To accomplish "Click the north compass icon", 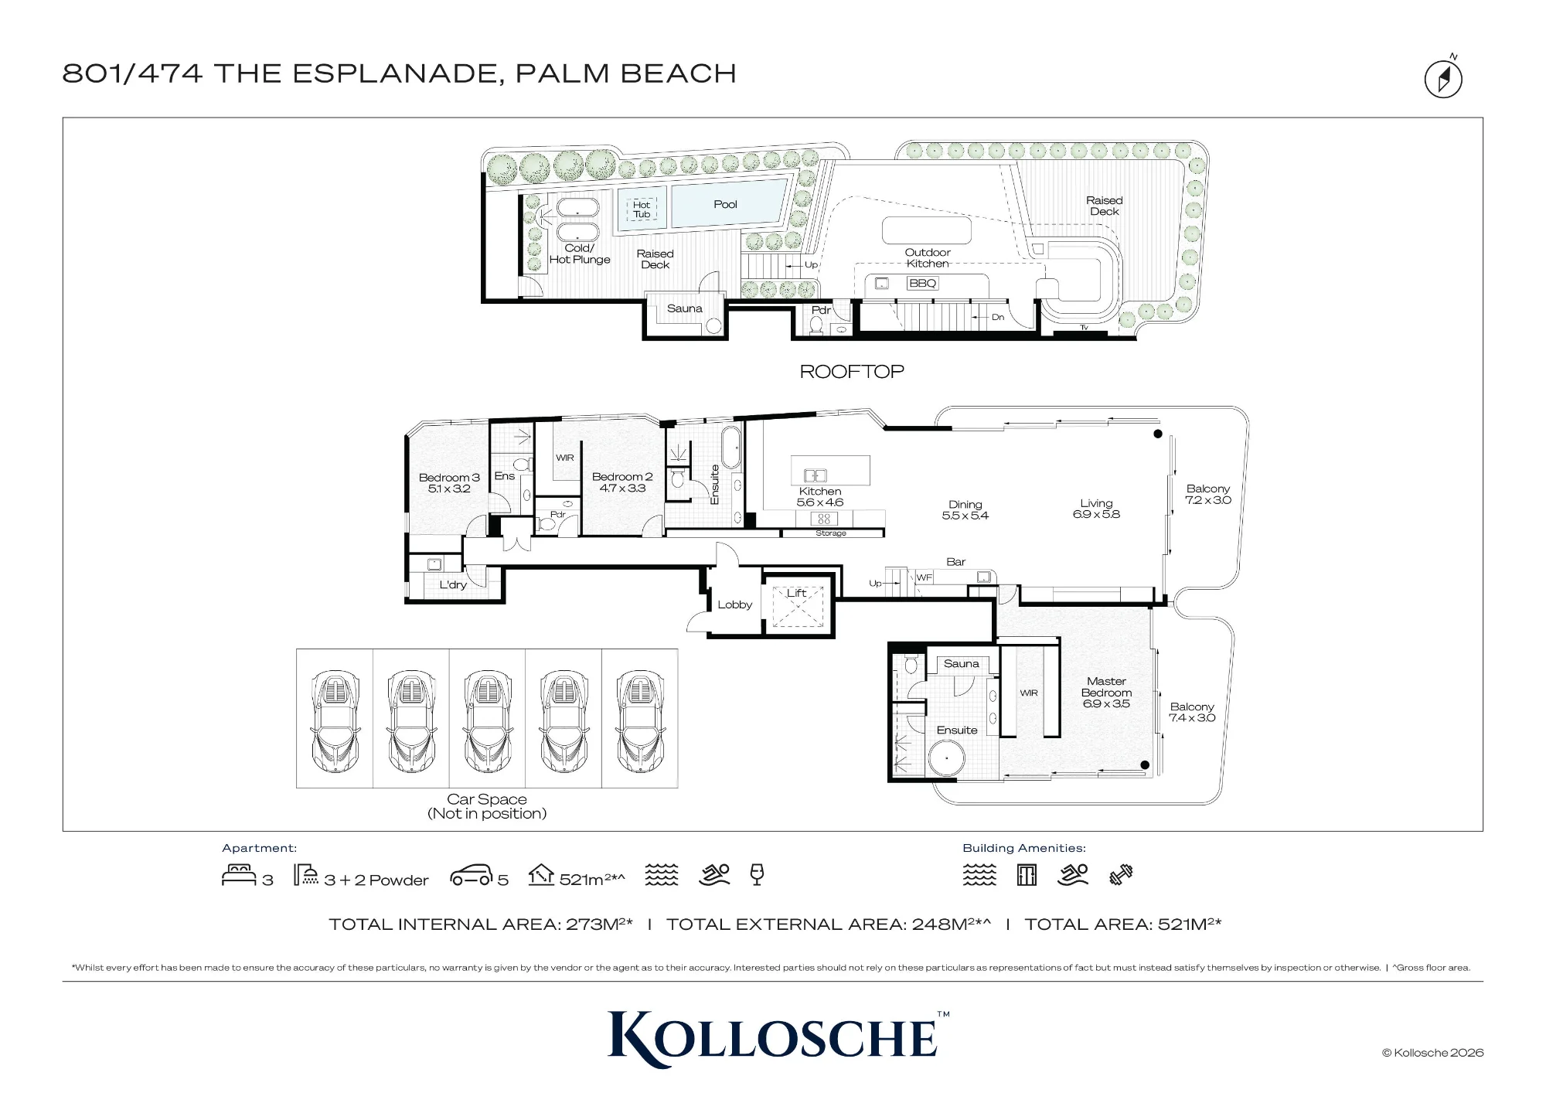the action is [x=1443, y=79].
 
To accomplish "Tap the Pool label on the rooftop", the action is [x=725, y=204].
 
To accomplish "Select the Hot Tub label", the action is [x=642, y=209].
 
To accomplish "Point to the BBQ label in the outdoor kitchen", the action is [x=922, y=283].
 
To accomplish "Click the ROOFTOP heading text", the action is [x=852, y=372].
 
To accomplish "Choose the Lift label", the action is [x=796, y=593].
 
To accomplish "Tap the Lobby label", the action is [x=734, y=604].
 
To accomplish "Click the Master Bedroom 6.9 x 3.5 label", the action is [x=1106, y=693].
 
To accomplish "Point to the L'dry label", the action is [x=453, y=584].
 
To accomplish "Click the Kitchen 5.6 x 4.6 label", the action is [x=820, y=496].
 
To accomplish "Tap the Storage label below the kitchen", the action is [x=831, y=533].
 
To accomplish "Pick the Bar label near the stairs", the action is [x=956, y=562].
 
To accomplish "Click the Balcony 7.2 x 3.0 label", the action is [x=1208, y=494].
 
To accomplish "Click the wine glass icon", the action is [x=757, y=874].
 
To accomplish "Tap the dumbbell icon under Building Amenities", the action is [x=1121, y=874].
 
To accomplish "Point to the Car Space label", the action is [x=487, y=799].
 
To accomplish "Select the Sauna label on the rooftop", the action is [x=685, y=308].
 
